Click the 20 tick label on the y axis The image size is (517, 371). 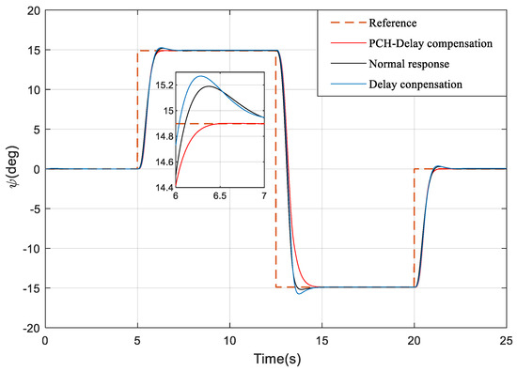(x=31, y=11)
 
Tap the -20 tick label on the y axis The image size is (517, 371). (x=28, y=328)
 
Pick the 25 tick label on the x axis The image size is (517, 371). (x=507, y=341)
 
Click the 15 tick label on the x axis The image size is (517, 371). (x=321, y=341)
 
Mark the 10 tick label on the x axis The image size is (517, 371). (x=229, y=341)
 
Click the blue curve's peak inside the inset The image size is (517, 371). (x=199, y=77)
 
